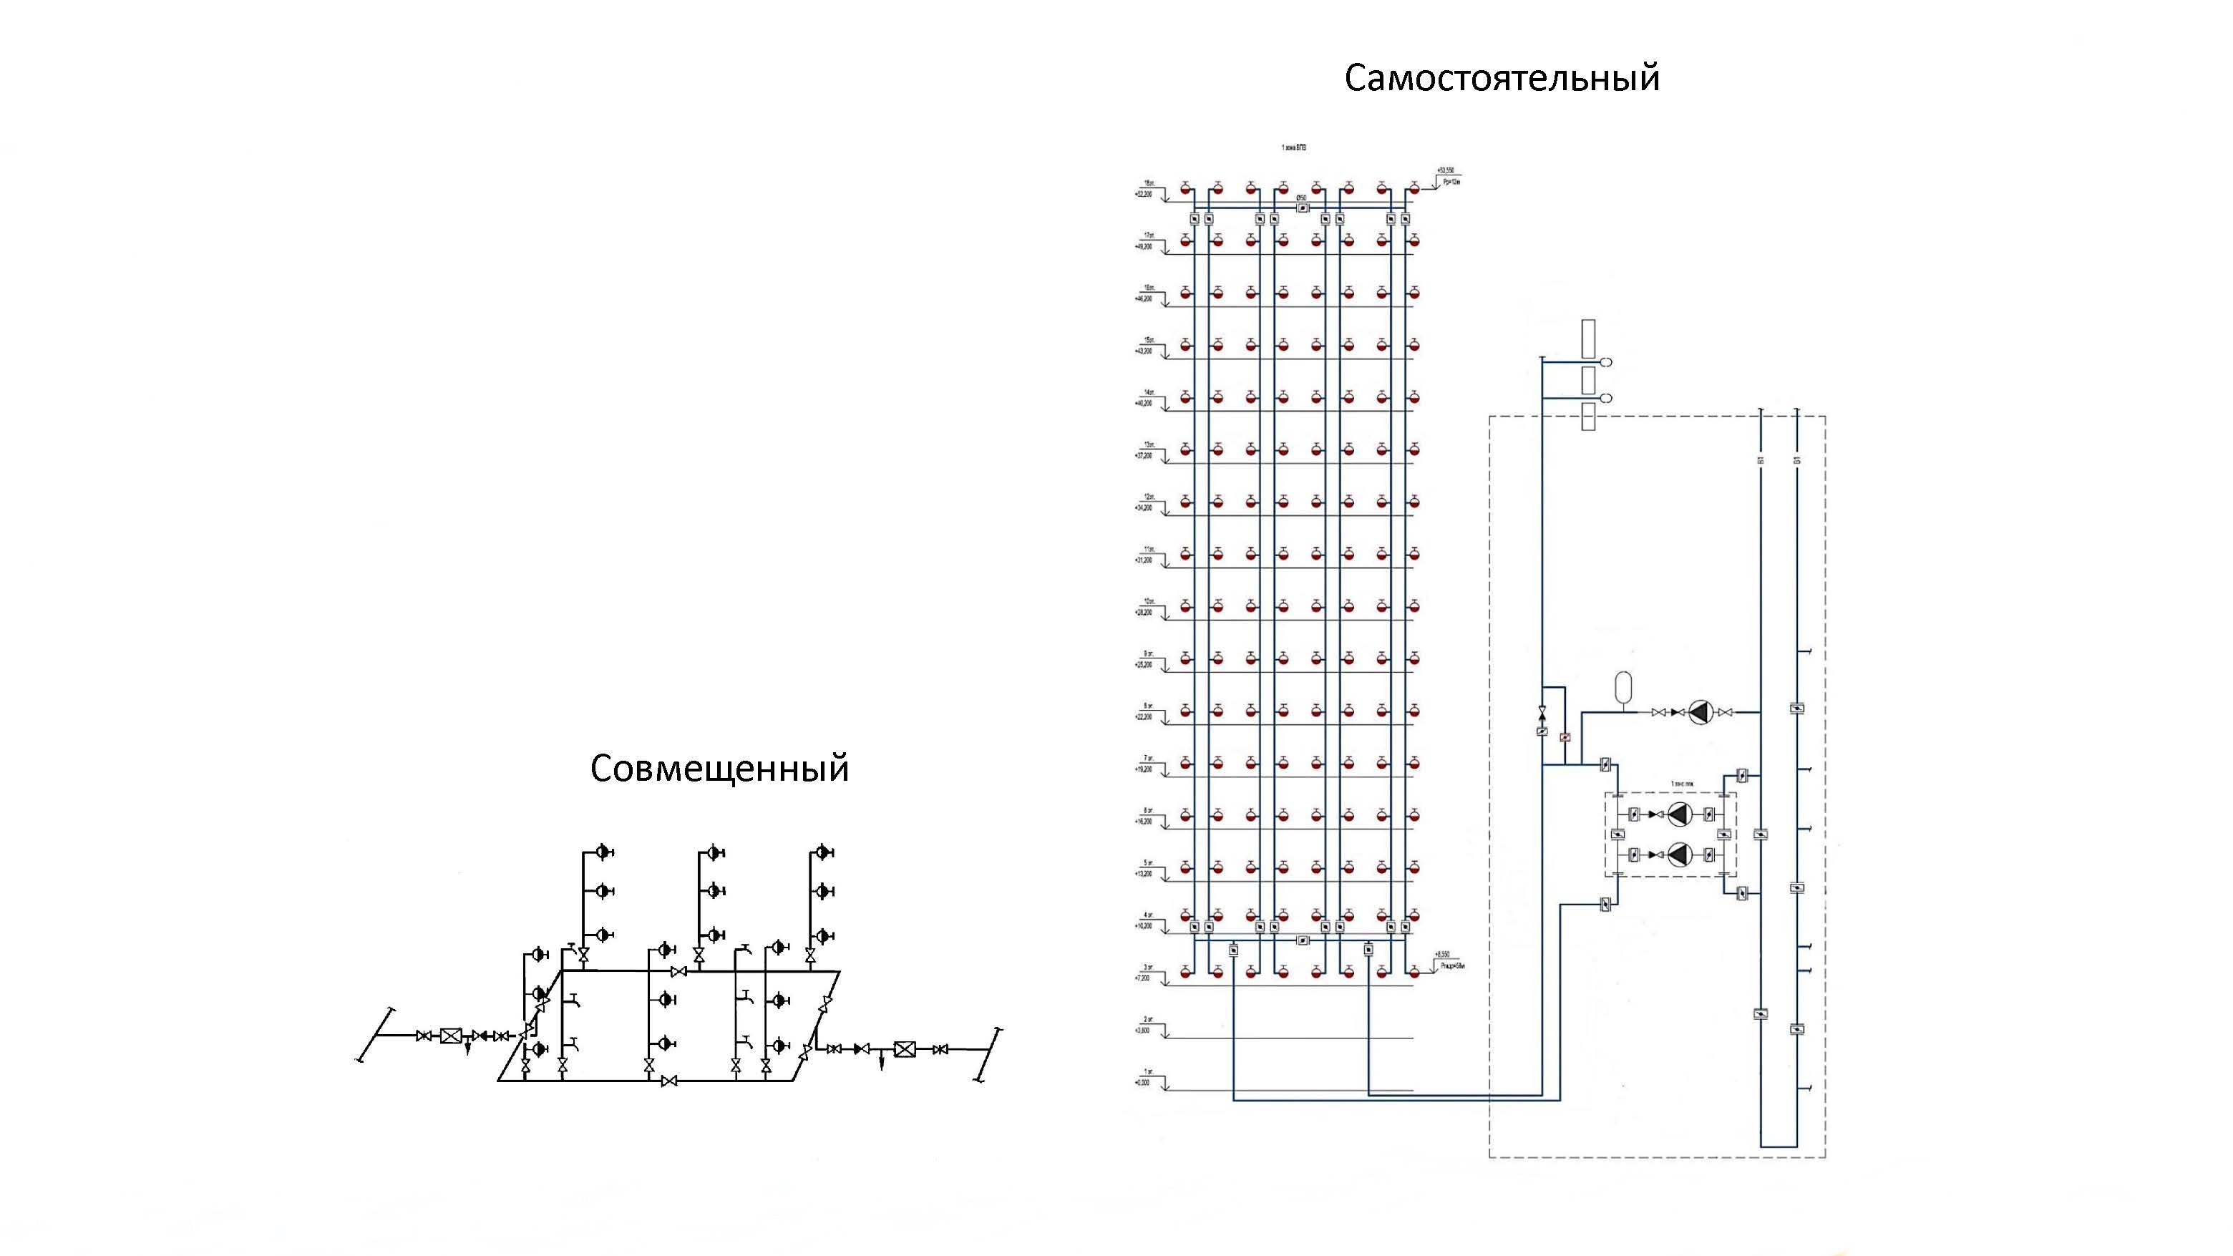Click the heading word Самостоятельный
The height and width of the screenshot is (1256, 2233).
[x=1502, y=78]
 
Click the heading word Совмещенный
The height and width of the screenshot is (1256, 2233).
[x=719, y=768]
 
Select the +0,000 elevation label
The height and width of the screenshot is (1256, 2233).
[x=1144, y=1083]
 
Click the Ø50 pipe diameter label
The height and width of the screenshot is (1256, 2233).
[x=1301, y=198]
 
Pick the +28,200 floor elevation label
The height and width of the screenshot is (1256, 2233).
[x=1144, y=613]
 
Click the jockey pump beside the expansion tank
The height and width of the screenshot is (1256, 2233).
[x=1701, y=713]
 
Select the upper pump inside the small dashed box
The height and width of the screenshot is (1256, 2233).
[x=1680, y=814]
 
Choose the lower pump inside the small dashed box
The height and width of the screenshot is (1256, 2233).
[x=1680, y=855]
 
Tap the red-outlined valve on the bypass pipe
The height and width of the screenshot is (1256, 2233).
[x=1565, y=738]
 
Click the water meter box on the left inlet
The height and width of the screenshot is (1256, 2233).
[x=451, y=1036]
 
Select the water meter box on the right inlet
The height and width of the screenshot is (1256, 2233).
[x=904, y=1049]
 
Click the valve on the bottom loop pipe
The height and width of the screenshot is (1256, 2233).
[x=668, y=1081]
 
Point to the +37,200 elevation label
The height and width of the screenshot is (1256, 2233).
[x=1144, y=456]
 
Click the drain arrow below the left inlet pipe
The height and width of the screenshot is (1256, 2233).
[x=468, y=1050]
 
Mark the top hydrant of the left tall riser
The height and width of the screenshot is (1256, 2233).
[x=604, y=853]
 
